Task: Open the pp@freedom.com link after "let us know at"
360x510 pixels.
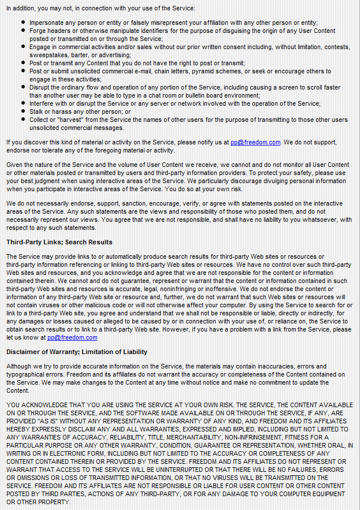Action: (72, 337)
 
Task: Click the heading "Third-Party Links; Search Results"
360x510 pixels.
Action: (59, 242)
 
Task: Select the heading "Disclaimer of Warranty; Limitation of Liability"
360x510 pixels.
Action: (77, 352)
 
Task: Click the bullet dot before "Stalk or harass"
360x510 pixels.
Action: (23, 112)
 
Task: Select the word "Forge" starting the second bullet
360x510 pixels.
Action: (38, 31)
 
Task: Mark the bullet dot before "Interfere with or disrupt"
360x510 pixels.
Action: (23, 104)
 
